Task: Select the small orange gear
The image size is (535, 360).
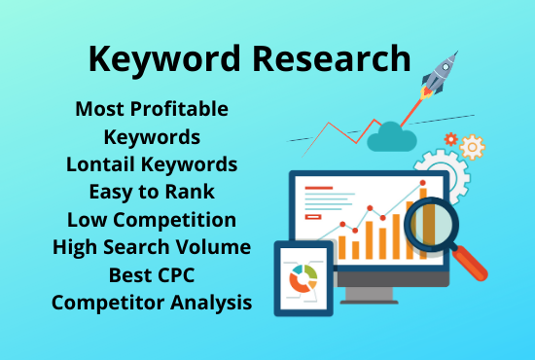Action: click(x=473, y=148)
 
